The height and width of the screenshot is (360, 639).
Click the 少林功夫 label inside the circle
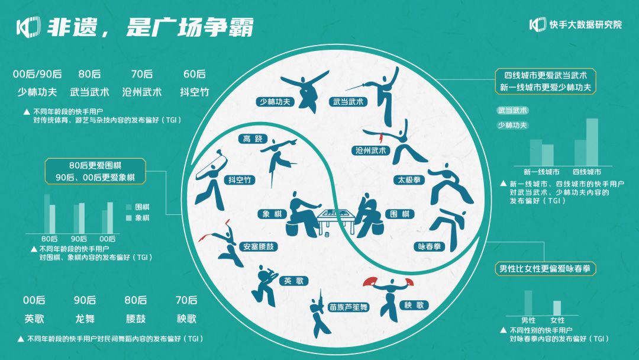point(275,101)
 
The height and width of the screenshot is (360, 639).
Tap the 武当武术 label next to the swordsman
point(348,102)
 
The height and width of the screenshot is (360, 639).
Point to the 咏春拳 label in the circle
point(430,245)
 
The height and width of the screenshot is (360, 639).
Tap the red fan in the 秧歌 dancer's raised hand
point(370,281)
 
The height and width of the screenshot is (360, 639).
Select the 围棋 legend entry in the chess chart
point(137,207)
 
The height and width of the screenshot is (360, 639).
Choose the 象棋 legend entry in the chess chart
point(137,218)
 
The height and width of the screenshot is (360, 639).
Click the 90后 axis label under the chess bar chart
point(79,239)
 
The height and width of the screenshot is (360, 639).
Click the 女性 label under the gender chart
point(557,320)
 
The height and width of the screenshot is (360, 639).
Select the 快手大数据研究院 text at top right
point(585,25)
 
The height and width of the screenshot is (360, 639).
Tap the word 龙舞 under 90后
point(85,319)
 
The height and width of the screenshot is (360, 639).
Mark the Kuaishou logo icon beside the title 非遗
point(27,26)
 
